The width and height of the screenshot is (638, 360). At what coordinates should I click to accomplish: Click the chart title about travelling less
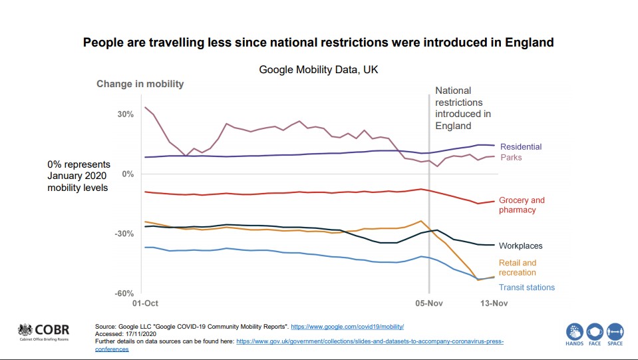tap(318, 43)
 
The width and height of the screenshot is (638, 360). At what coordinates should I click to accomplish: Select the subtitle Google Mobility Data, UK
tap(319, 70)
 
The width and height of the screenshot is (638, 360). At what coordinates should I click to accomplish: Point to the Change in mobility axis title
tap(140, 84)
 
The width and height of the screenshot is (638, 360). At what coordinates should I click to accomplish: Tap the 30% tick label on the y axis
tap(126, 114)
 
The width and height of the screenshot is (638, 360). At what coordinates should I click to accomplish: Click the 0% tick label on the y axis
tap(128, 174)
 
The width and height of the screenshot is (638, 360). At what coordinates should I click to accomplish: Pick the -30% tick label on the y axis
tap(124, 234)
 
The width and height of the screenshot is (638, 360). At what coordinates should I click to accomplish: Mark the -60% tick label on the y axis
tap(124, 293)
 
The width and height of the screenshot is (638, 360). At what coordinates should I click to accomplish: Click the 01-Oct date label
tap(144, 304)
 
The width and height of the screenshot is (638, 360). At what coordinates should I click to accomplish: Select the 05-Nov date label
tap(429, 304)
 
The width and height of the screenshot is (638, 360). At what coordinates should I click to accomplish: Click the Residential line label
tap(521, 147)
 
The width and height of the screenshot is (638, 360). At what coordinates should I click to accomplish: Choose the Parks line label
tap(511, 158)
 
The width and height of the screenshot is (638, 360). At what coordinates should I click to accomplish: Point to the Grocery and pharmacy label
tap(522, 205)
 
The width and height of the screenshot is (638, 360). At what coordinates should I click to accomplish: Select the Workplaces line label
tap(521, 246)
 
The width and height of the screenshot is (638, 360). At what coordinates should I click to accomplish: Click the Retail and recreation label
tap(518, 268)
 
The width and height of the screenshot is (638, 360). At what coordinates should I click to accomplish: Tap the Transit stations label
tap(527, 287)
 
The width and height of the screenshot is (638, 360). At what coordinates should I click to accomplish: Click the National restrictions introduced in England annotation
tap(463, 108)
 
